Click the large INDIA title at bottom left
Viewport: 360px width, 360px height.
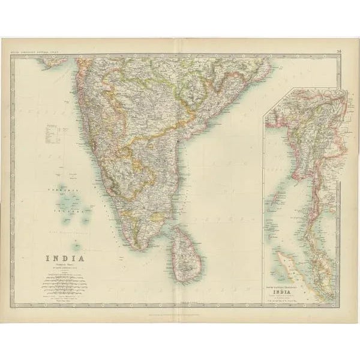(x=65, y=242)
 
